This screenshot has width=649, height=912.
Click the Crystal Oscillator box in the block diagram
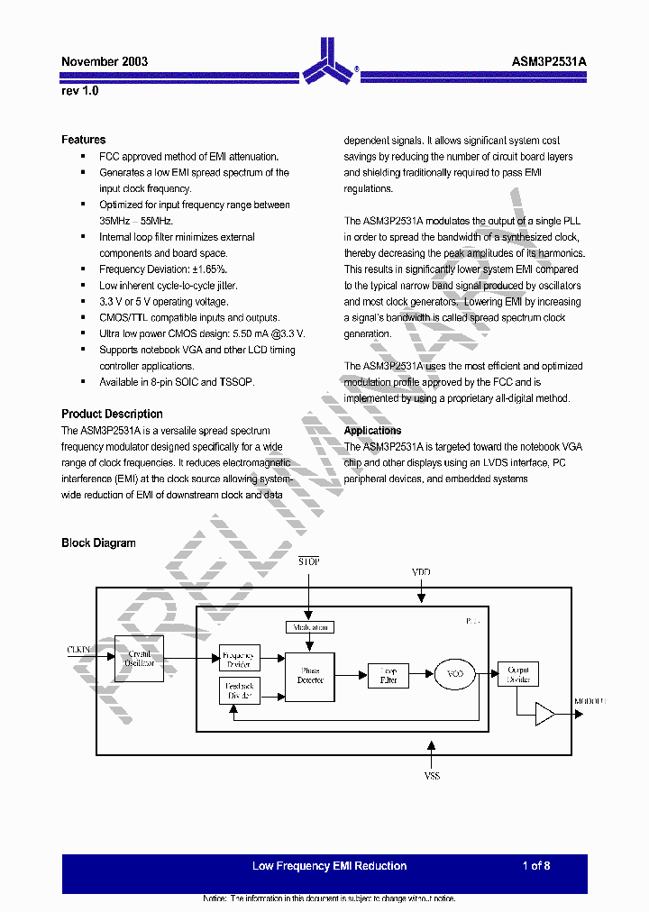click(140, 659)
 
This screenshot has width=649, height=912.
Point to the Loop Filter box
click(388, 675)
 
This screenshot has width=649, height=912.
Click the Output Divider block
click(517, 674)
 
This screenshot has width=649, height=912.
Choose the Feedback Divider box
click(240, 691)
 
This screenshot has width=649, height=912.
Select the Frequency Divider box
click(240, 658)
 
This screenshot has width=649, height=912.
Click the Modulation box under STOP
click(309, 626)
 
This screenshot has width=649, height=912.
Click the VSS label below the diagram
click(433, 775)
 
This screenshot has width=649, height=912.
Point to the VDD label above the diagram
click(421, 572)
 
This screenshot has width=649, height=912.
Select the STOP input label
click(309, 561)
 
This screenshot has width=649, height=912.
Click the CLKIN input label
click(79, 649)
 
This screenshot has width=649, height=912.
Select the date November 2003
click(105, 61)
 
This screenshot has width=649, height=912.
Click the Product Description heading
click(112, 414)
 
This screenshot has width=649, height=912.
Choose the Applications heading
click(372, 431)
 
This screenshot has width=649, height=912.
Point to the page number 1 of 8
click(535, 866)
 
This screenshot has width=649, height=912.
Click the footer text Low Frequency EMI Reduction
click(329, 866)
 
